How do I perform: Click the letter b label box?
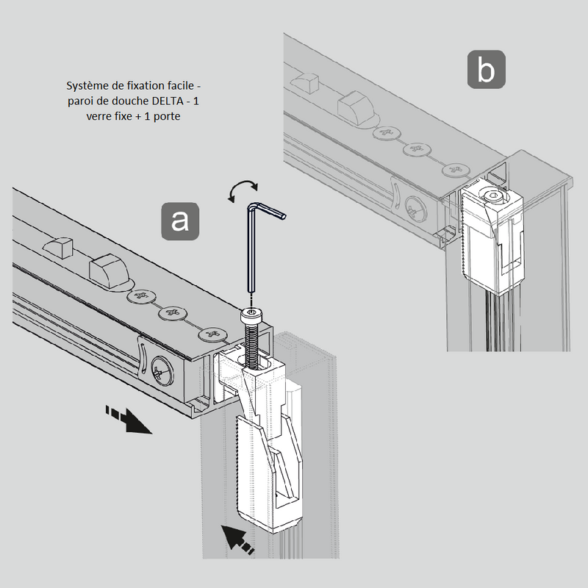pos(486,70)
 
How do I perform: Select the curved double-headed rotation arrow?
pos(242,190)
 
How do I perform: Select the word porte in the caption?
pos(164,116)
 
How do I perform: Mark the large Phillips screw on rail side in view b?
pos(415,209)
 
